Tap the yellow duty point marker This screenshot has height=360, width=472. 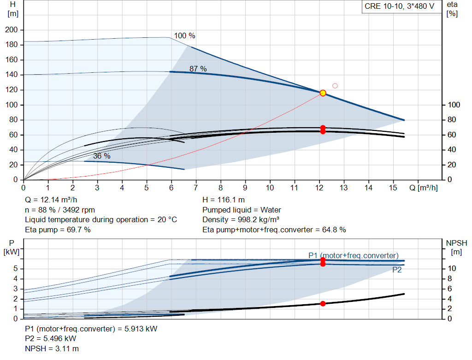(323, 93)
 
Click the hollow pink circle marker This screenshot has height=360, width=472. (335, 86)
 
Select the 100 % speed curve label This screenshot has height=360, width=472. (184, 36)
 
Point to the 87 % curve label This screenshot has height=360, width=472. (198, 69)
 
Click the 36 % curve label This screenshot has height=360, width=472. (102, 156)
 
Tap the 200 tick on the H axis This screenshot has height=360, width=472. (12, 30)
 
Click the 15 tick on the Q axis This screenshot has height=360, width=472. (393, 188)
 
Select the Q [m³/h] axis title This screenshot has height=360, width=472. (424, 188)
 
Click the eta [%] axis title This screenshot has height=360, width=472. (452, 9)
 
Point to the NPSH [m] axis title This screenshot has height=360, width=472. (456, 248)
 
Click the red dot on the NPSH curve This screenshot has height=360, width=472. (323, 303)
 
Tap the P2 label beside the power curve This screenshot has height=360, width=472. (397, 270)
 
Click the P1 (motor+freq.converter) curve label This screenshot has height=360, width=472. (354, 255)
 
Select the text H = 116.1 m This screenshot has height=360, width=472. (224, 200)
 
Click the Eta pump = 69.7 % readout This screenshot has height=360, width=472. (58, 230)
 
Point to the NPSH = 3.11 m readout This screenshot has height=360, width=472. (52, 348)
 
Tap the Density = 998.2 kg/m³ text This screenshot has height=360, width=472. (241, 220)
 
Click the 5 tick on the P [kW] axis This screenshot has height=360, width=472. (16, 269)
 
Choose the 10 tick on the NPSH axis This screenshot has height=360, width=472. (452, 268)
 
